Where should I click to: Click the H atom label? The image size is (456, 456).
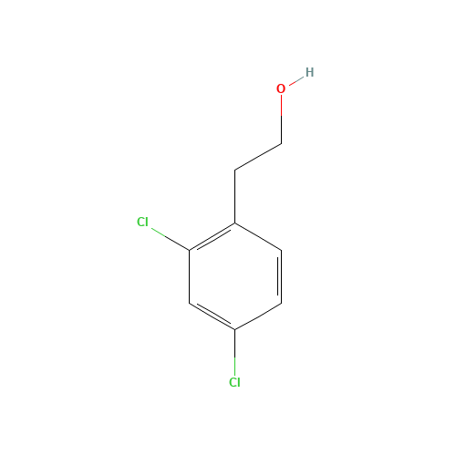click(x=309, y=72)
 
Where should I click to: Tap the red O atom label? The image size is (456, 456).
click(x=281, y=88)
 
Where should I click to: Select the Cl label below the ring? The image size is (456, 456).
click(x=234, y=382)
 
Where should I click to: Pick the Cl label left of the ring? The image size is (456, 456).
click(x=142, y=222)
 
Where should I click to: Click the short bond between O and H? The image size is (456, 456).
click(x=296, y=80)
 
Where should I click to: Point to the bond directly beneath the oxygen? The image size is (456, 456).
click(x=281, y=119)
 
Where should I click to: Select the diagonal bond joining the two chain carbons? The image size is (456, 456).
click(x=258, y=157)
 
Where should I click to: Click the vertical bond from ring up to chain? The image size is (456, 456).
click(x=235, y=197)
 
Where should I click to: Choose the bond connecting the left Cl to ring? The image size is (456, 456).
click(x=171, y=239)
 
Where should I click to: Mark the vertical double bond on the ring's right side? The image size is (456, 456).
click(x=280, y=276)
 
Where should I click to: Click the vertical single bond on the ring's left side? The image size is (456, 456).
click(x=189, y=276)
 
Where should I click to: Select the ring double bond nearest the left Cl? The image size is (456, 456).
click(x=212, y=237)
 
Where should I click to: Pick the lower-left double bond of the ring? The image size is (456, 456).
click(x=212, y=316)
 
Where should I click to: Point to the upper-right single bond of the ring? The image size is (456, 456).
click(x=258, y=237)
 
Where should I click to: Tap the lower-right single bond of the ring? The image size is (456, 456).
click(x=258, y=316)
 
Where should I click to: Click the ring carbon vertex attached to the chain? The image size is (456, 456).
click(x=235, y=223)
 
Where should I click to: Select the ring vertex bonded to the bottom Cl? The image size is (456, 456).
click(x=235, y=329)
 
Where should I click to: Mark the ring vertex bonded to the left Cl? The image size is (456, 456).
click(x=189, y=250)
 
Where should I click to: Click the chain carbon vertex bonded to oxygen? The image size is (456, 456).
click(x=281, y=143)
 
